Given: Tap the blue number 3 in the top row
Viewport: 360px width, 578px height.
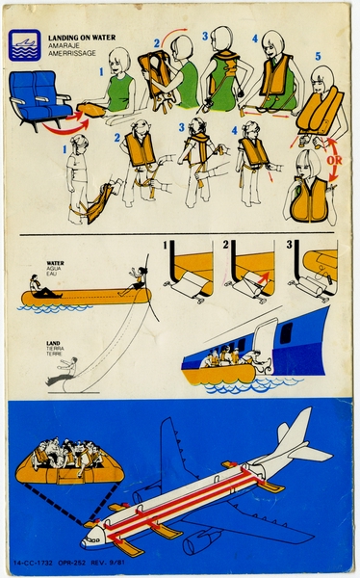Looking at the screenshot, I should pos(206,36).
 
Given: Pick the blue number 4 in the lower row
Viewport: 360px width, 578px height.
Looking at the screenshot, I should pos(234,130).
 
